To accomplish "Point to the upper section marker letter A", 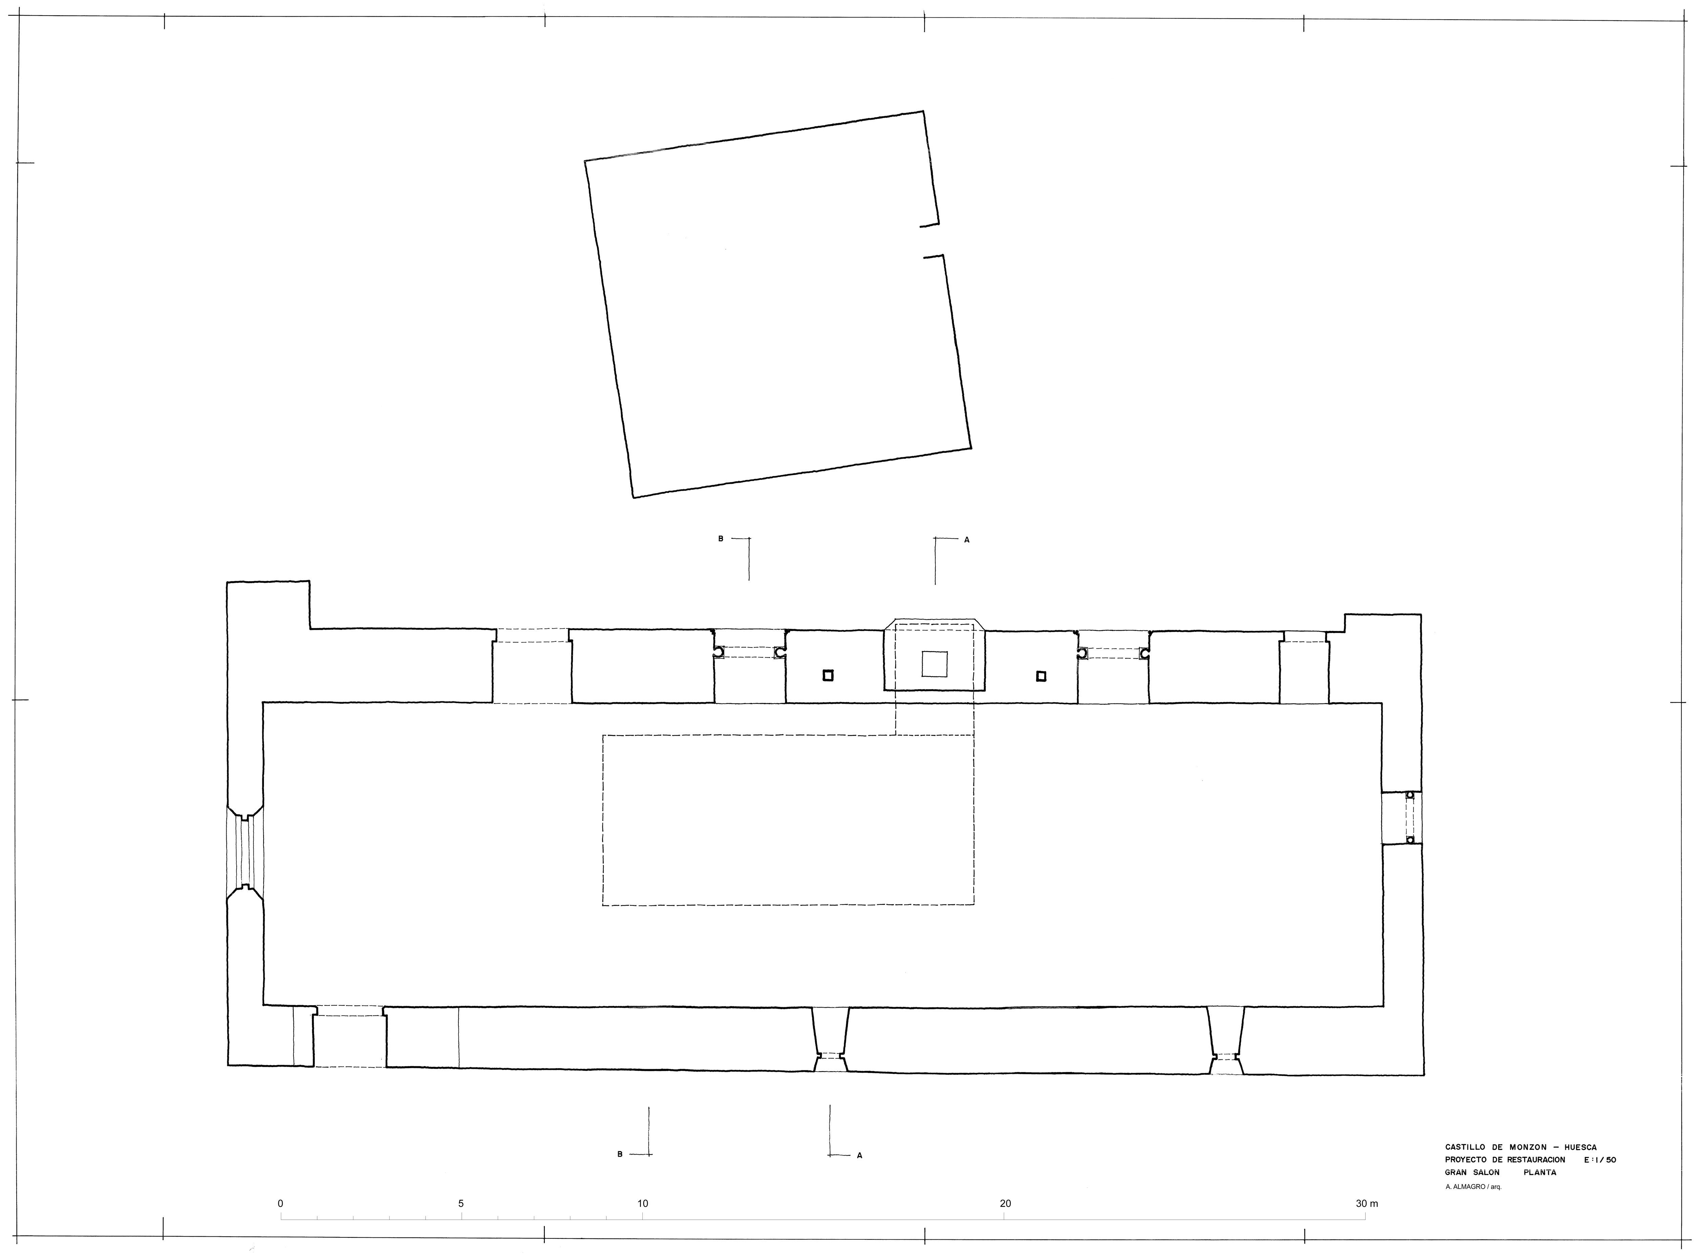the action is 967,540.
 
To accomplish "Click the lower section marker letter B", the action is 620,1155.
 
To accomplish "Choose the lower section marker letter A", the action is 860,1156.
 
